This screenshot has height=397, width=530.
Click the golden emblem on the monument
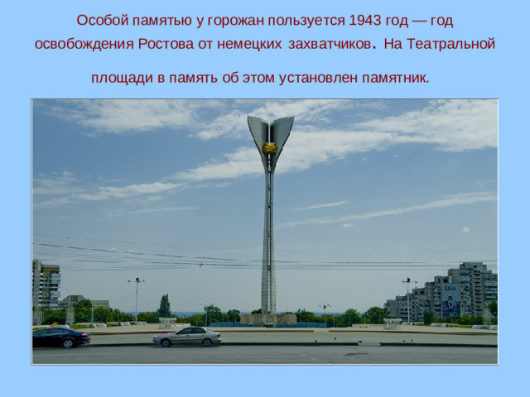point(270,148)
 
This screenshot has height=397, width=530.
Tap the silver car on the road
point(187,336)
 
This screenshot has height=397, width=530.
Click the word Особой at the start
point(99,19)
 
